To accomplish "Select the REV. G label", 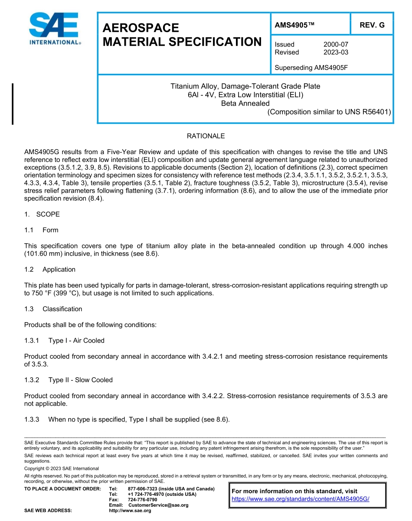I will click(372, 25).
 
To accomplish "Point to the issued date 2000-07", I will click(336, 44).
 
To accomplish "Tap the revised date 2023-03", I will click(336, 52).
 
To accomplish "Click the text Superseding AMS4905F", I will click(311, 68).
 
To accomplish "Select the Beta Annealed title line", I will click(245, 103).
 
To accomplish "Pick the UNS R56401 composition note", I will click(329, 112).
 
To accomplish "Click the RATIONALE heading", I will click(206, 136).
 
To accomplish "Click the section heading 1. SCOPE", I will click(42, 214).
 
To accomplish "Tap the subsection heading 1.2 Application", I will click(50, 269).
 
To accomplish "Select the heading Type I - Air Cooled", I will click(76, 340).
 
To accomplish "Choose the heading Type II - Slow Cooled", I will click(80, 380).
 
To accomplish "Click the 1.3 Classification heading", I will click(53, 309).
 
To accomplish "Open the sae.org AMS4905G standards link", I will click(300, 499).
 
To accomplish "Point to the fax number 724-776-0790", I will click(143, 500).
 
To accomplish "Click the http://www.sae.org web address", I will click(130, 511).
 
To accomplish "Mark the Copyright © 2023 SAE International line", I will click(62, 468).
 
